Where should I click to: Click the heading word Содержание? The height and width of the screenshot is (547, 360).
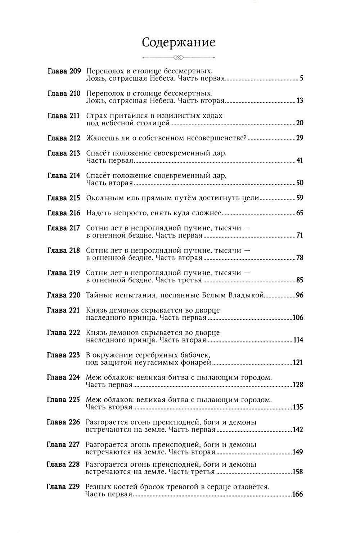(x=179, y=42)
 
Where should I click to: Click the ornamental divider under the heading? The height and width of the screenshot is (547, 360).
(x=179, y=57)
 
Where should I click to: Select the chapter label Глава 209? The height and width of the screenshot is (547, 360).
(x=64, y=71)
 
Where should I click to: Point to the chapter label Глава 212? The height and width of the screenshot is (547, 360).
(x=64, y=138)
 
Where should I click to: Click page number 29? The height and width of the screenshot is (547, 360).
(x=299, y=138)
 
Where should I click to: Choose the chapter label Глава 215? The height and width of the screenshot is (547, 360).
(x=64, y=198)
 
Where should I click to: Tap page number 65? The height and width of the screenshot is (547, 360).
(x=299, y=213)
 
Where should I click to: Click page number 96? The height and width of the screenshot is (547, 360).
(x=299, y=295)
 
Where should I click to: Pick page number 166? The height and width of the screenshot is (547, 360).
(x=297, y=494)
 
